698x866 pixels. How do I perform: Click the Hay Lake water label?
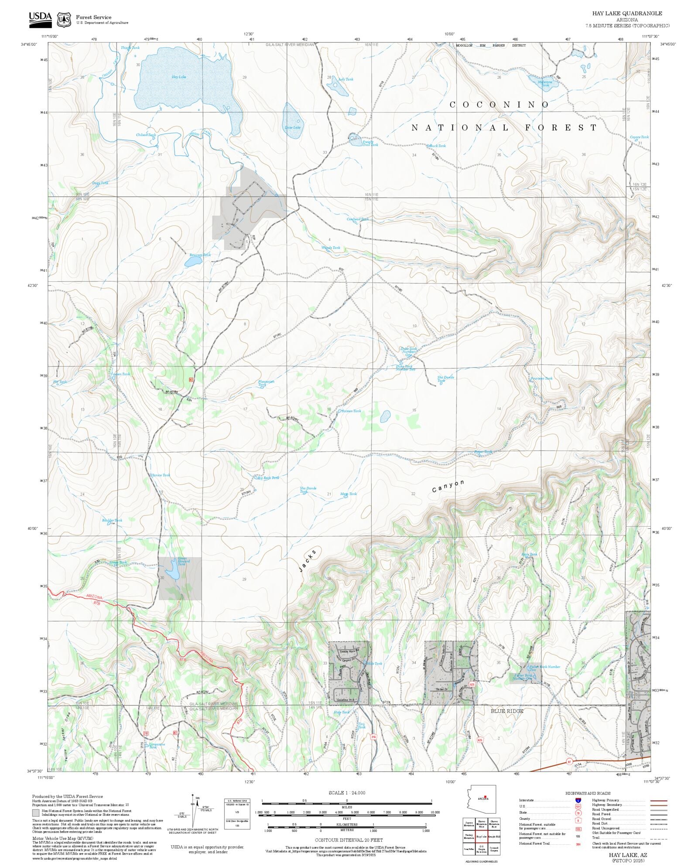[178, 77]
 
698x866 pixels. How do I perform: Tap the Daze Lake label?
[292, 127]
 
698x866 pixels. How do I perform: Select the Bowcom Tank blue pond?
[192, 261]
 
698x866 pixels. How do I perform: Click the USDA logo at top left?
[40, 20]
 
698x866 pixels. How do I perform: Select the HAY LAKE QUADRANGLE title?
[627, 14]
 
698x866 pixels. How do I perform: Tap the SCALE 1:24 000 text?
[347, 793]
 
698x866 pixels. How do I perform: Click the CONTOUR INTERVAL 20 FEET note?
[349, 840]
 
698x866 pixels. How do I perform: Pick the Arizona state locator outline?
[481, 799]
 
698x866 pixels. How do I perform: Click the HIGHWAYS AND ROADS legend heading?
[588, 793]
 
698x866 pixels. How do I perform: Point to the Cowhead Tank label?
[357, 219]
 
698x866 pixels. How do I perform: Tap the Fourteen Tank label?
[541, 378]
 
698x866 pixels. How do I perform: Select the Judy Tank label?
[346, 79]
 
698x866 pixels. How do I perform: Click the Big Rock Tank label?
[268, 478]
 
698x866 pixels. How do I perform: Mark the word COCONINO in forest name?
[499, 105]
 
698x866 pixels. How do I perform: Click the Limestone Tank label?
[157, 746]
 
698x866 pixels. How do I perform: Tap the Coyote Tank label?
[639, 137]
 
